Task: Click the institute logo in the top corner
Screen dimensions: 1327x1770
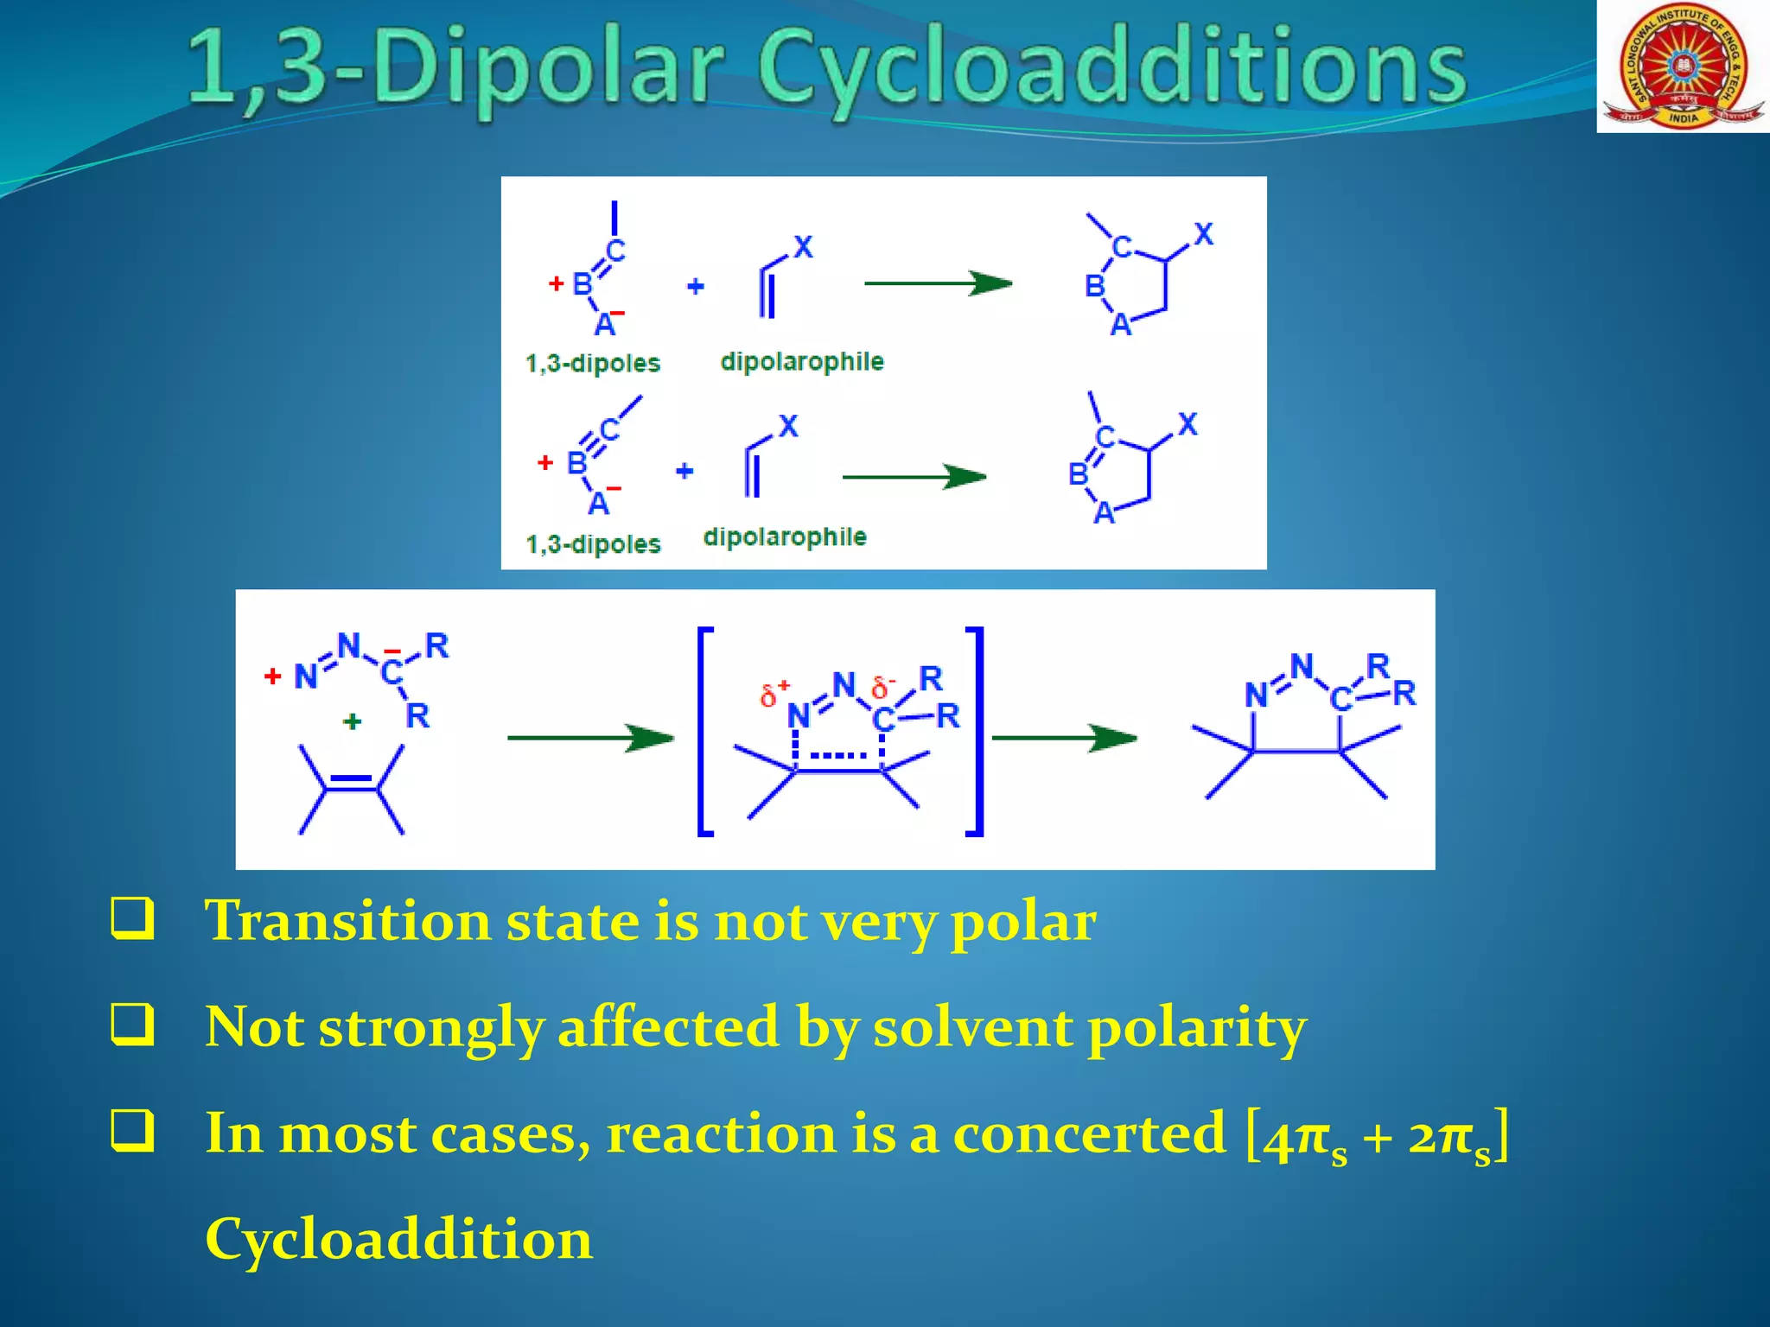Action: point(1682,66)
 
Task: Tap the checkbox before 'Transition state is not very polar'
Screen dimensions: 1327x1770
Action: point(133,918)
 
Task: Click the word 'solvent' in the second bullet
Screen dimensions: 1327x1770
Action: point(973,1028)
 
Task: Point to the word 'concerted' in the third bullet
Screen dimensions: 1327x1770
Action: point(1089,1133)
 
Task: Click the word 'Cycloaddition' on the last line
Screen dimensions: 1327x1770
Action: point(398,1239)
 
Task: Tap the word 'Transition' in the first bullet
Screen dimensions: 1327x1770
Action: point(347,921)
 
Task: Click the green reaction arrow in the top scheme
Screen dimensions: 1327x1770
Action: point(938,283)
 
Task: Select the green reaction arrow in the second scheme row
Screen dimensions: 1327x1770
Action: point(914,476)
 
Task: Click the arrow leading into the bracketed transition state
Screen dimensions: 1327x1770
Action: point(590,738)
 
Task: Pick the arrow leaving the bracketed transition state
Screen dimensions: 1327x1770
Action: point(1065,738)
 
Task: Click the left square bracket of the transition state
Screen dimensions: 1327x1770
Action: point(705,731)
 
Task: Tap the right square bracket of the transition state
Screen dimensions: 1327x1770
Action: point(975,731)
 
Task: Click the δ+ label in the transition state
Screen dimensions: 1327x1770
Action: point(774,693)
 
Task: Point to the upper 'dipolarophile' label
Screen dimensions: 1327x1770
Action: point(802,361)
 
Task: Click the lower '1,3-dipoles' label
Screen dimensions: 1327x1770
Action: point(593,544)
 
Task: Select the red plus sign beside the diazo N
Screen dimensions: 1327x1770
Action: point(273,676)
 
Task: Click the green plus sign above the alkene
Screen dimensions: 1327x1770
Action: point(352,721)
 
